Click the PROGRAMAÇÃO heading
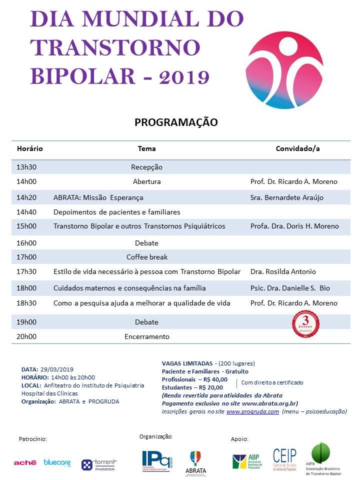coord(176,122)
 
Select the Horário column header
coord(30,148)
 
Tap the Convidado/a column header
coord(297,148)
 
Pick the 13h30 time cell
coord(26,167)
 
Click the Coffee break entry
coord(147,257)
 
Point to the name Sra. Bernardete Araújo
coord(286,197)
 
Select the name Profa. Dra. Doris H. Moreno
coord(294,226)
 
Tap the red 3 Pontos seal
coord(305,323)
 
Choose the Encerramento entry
coord(147,336)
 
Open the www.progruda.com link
coord(252,411)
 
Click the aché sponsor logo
coord(25,463)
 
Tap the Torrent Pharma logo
coord(99,464)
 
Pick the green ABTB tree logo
coord(320,453)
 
